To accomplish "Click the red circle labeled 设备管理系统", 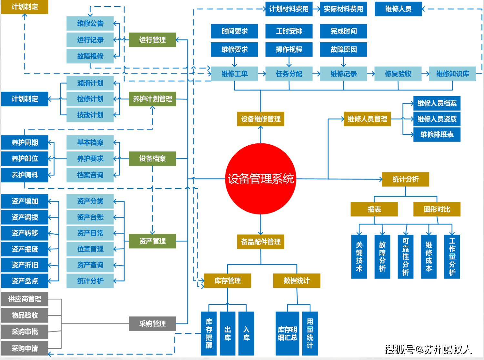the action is (x=260, y=179).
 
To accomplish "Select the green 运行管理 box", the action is (x=152, y=40).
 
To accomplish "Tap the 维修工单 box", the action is (x=234, y=74).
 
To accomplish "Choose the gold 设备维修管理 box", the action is (x=260, y=119).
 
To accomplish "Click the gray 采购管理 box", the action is (x=152, y=324).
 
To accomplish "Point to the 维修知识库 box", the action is (x=452, y=74).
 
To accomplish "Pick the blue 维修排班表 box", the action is (x=437, y=134).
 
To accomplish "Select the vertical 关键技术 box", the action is (x=359, y=257).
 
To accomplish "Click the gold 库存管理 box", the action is (x=227, y=281).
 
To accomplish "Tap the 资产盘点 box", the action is (x=25, y=281).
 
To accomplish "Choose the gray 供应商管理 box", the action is (x=25, y=299).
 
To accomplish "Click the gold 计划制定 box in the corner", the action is (x=25, y=7).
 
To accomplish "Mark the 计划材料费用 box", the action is (x=289, y=9).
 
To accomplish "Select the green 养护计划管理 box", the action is (x=152, y=99).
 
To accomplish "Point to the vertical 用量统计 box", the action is (x=310, y=333).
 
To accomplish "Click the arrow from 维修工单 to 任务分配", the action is (x=262, y=74).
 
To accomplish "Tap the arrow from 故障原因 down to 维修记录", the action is (x=343, y=62).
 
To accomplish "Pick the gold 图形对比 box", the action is (x=437, y=209).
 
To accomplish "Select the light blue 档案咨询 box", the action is (x=90, y=175).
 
